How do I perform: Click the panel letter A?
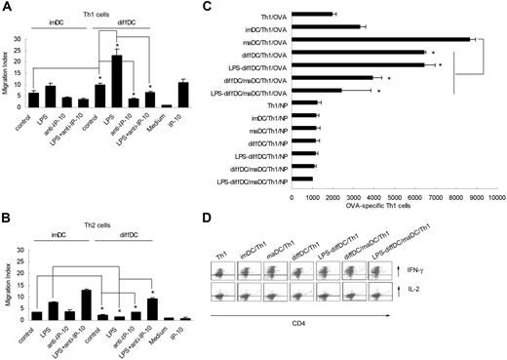tap(7, 9)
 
